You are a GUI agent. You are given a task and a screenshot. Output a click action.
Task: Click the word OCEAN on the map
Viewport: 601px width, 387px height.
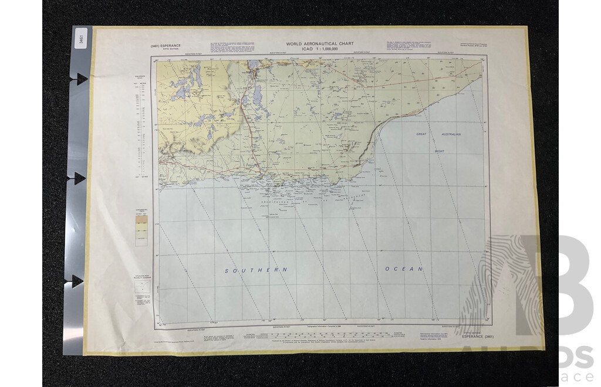(404, 269)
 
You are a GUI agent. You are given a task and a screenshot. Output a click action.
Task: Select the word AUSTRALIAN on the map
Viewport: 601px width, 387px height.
(448, 134)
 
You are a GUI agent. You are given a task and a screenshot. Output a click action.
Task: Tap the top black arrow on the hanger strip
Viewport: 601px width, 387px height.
(80, 79)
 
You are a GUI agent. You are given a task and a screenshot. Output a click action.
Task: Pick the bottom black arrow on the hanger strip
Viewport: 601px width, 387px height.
(78, 280)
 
